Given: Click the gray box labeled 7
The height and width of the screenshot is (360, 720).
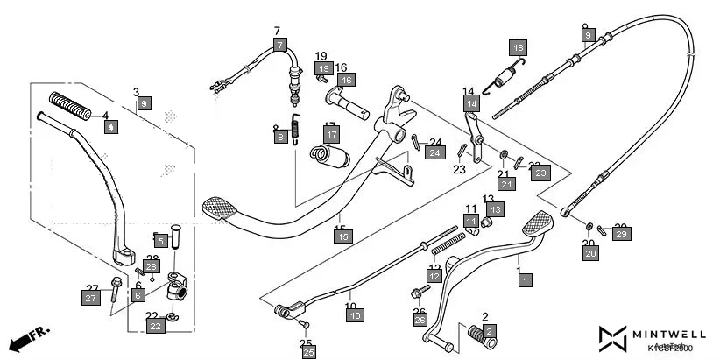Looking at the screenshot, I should tap(279, 45).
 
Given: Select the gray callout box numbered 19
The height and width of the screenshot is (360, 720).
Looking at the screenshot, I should tap(323, 68).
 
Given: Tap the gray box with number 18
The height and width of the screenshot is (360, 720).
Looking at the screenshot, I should tap(519, 47).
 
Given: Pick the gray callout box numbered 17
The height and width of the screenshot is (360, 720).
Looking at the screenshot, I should tap(330, 135).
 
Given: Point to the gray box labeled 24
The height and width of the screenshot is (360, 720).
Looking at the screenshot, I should tap(434, 152).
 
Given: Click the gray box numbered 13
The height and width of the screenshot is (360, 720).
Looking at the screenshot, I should tap(495, 209).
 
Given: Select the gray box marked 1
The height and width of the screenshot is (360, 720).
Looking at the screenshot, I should tap(525, 280).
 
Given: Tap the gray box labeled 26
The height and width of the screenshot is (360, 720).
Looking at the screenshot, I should tap(420, 321).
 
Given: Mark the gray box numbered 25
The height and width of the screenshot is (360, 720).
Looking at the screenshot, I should tap(308, 352).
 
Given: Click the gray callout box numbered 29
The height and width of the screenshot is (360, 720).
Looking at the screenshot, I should tap(621, 234).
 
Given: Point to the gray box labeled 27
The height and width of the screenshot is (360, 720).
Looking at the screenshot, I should tap(91, 299).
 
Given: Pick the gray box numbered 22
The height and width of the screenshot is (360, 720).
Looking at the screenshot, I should tap(155, 326).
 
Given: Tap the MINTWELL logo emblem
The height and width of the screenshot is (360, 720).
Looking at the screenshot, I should tap(613, 338).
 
